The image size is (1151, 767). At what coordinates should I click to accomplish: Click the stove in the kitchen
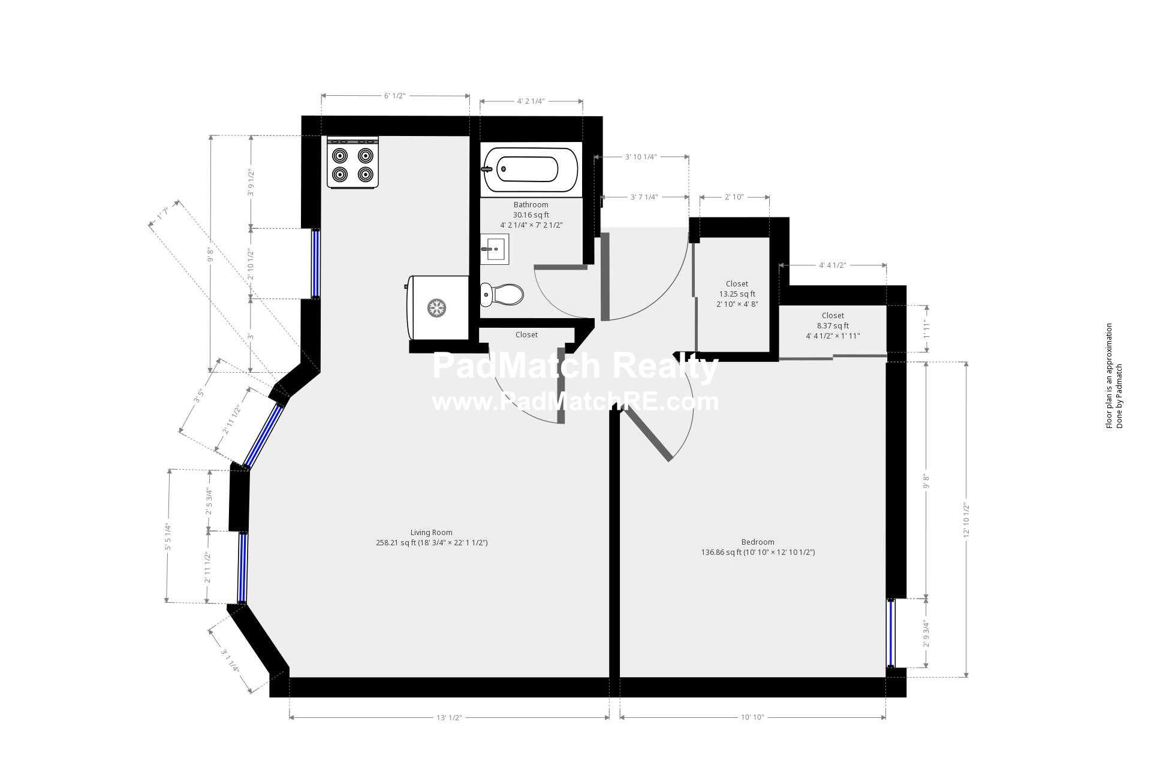353,163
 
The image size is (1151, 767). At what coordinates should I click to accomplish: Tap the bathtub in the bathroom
531,170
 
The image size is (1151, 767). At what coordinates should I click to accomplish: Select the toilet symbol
502,294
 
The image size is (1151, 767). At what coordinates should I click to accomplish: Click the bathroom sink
495,249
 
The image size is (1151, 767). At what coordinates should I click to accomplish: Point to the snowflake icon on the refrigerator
436,309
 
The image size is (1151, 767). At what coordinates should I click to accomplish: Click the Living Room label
431,532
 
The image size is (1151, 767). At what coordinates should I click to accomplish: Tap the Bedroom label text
758,542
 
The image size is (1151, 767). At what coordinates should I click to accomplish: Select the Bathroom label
531,205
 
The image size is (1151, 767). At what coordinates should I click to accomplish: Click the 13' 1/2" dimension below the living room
449,718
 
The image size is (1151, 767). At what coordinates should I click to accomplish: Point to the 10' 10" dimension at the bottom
752,718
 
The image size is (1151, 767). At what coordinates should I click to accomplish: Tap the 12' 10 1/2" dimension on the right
966,520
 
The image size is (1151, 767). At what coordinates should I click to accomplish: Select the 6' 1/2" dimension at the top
394,96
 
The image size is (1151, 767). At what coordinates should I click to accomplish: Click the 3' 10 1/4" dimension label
641,157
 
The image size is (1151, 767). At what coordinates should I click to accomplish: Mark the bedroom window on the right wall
891,633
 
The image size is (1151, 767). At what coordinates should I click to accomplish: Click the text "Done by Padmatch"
1119,396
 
